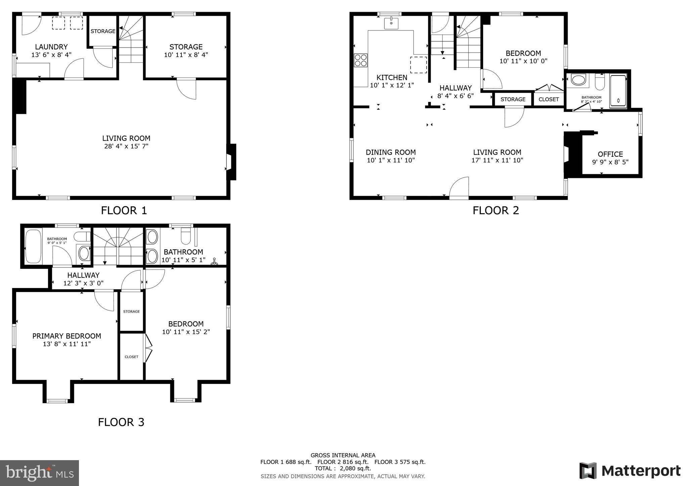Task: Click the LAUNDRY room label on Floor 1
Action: (x=51, y=47)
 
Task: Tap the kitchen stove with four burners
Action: (x=360, y=60)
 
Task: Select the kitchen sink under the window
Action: (x=391, y=23)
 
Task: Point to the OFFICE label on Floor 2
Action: (x=610, y=154)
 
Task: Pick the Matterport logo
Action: (x=630, y=471)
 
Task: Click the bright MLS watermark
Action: (x=40, y=473)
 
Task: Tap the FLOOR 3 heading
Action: (x=121, y=422)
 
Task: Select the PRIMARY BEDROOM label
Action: (x=67, y=336)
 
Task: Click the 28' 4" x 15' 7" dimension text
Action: (x=126, y=146)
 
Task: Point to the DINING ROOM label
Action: (x=391, y=152)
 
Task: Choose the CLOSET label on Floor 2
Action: (x=549, y=99)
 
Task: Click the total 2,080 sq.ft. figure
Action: (x=355, y=468)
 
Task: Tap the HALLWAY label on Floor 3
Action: (x=83, y=275)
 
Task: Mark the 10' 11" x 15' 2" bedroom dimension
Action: (x=186, y=332)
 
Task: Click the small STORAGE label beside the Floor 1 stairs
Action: (x=103, y=31)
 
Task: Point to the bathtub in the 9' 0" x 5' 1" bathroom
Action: (x=33, y=246)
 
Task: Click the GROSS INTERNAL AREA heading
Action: (x=343, y=455)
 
